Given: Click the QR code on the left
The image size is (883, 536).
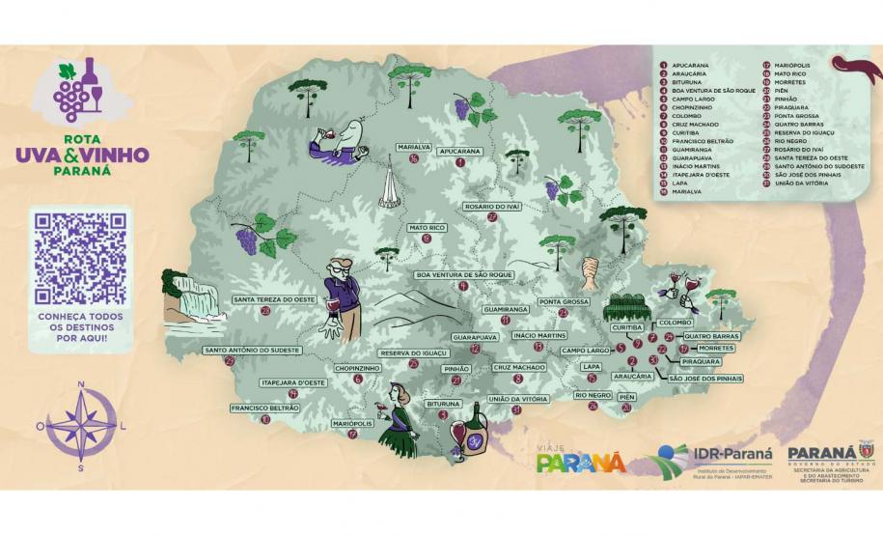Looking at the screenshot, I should pos(80,257).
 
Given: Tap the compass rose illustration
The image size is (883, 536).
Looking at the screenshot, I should pos(81,426).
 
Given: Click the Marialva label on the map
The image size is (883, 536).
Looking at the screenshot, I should pos(412,148).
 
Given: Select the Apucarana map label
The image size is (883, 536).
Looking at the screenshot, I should pos(459,152).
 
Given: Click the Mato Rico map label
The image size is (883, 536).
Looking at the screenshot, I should pos(427,228).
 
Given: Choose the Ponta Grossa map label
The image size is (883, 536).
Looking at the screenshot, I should pos(564,301).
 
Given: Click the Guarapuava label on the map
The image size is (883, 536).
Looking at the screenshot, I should pos(474,337).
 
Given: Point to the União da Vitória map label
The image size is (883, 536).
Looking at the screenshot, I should pos(517,399).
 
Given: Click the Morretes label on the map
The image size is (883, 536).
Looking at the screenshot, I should pos(716,348).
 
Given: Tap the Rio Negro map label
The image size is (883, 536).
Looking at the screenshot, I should pos(593,395).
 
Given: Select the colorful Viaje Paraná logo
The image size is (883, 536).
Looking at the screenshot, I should pos(581,459).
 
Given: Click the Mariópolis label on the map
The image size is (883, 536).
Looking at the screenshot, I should pos(352,423).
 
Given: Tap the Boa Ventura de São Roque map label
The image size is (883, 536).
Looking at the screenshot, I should pos(462,274).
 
